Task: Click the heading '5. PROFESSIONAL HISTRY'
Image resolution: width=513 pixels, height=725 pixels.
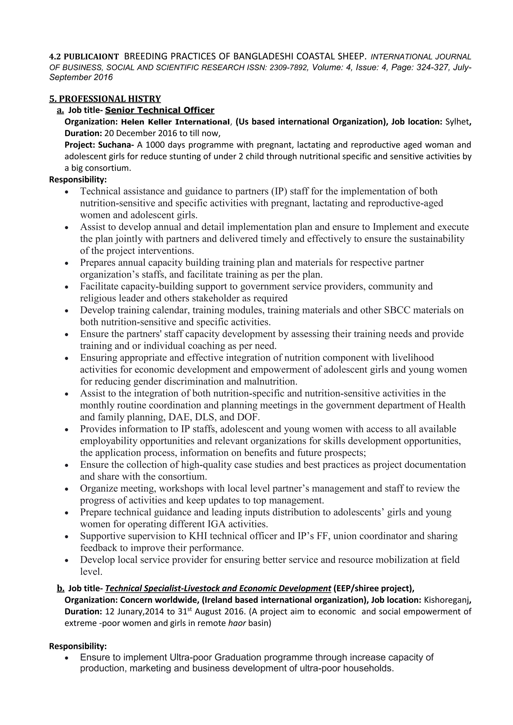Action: [105, 99]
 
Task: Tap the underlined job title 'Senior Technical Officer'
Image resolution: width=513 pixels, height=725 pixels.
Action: [160, 110]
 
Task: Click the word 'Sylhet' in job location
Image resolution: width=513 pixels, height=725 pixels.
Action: [457, 122]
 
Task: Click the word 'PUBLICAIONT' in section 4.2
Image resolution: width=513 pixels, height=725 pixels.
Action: [91, 57]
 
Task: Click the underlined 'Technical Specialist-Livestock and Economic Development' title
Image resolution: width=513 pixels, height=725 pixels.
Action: [218, 588]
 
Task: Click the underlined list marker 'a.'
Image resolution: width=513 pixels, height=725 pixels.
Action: [60, 110]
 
